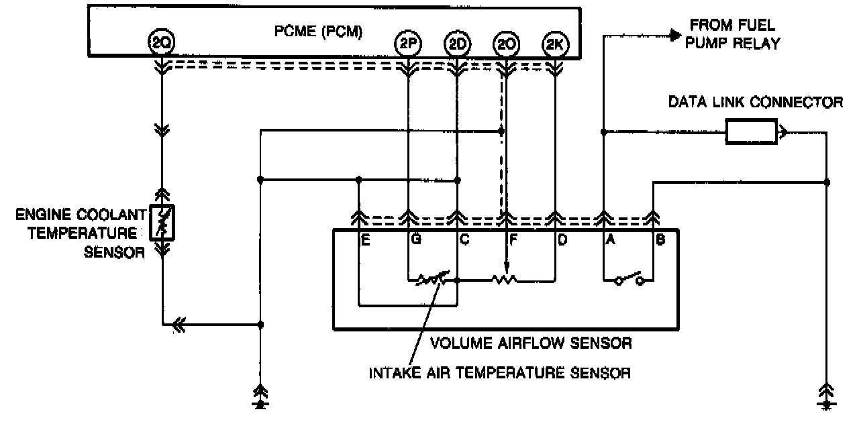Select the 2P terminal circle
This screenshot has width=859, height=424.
click(x=407, y=44)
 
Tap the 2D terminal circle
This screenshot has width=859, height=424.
click(x=457, y=44)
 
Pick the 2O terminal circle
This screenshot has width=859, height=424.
click(x=506, y=44)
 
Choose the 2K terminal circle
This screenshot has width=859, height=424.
click(x=555, y=44)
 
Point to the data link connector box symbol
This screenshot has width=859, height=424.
click(x=750, y=132)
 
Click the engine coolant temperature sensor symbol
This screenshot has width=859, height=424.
click(x=162, y=222)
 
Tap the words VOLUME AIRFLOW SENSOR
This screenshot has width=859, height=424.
click(x=531, y=343)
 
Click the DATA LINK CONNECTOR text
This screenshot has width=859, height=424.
click(x=756, y=102)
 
